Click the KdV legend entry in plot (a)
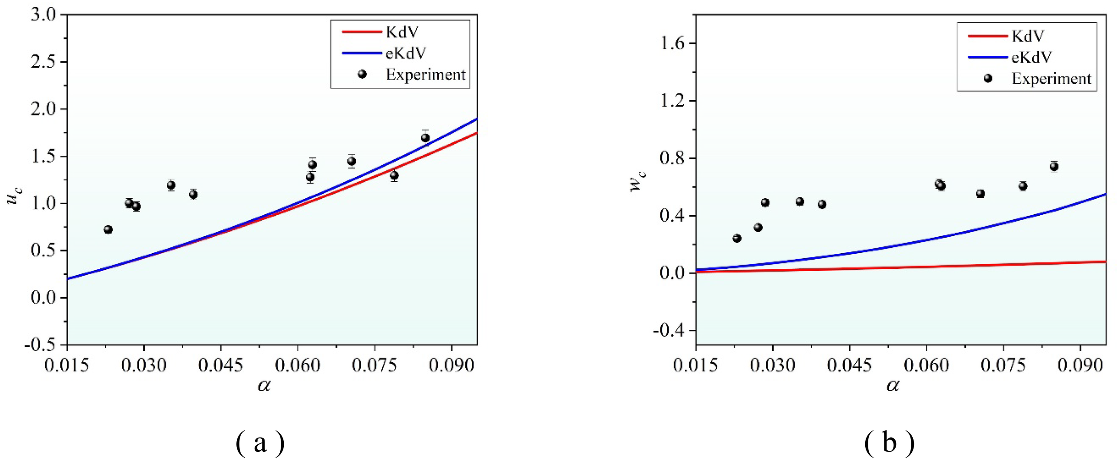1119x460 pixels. pos(402,32)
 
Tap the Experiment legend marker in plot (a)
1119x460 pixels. pos(362,74)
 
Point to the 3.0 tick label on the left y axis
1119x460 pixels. pos(43,15)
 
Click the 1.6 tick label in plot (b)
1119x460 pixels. pos(672,43)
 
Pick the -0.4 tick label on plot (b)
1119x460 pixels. pos(669,331)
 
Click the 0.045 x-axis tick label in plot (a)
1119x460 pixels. pos(220,366)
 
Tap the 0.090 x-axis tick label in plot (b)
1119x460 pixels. pos(1080,366)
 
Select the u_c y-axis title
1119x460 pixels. pos(15,196)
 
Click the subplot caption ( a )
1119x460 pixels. pos(260,443)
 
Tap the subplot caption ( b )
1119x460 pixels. pos(889,443)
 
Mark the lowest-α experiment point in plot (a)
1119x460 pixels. pos(108,230)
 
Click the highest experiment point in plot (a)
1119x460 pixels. pos(425,138)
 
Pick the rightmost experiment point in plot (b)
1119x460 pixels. pos(1054,166)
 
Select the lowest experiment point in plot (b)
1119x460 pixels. pos(737,239)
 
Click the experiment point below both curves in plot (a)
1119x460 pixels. pos(394,175)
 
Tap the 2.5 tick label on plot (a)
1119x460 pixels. pos(43,62)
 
